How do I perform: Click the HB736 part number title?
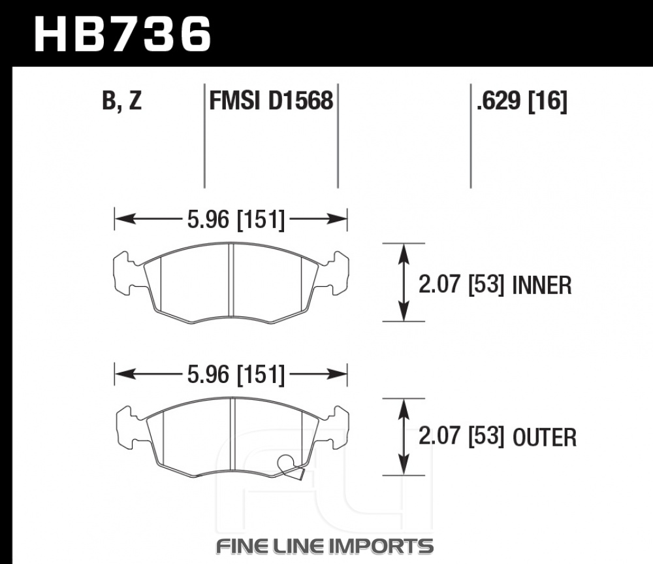pos(123,34)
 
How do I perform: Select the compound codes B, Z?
pos(122,101)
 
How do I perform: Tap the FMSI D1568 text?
pos(271,101)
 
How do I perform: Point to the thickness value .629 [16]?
pos(522,101)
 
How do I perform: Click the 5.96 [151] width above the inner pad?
pos(236,220)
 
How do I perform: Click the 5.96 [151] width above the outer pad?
pos(236,374)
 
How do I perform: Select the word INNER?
pos(542,286)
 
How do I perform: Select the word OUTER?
pos(545,437)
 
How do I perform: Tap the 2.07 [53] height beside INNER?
pos(462,285)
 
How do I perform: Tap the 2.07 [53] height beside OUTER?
pos(462,437)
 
